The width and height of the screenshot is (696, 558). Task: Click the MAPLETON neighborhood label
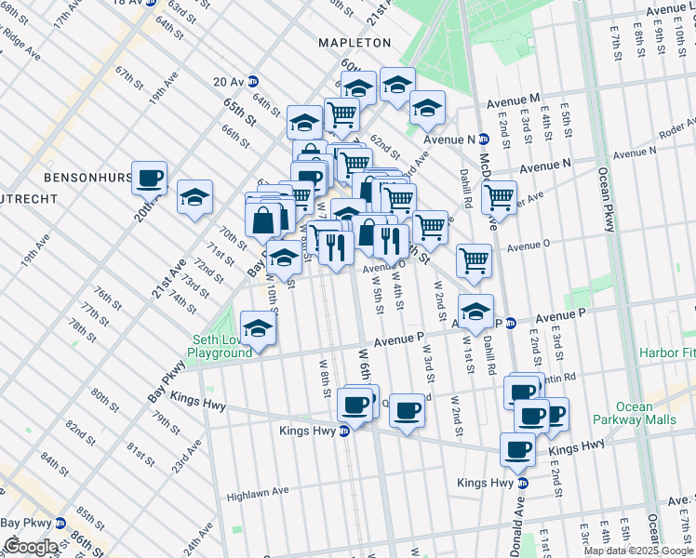(355, 43)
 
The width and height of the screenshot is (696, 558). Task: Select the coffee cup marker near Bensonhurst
(149, 178)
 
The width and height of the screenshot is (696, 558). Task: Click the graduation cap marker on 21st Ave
(195, 196)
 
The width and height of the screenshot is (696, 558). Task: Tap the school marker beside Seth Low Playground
(259, 328)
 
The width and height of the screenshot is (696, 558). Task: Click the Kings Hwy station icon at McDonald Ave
(523, 483)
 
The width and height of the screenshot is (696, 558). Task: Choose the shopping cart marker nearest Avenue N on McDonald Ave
(500, 197)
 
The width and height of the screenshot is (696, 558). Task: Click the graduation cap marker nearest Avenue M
(427, 108)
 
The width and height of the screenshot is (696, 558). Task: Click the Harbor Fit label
(666, 352)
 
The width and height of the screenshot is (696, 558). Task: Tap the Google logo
(31, 547)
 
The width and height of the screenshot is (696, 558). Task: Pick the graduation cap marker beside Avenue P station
(475, 311)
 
